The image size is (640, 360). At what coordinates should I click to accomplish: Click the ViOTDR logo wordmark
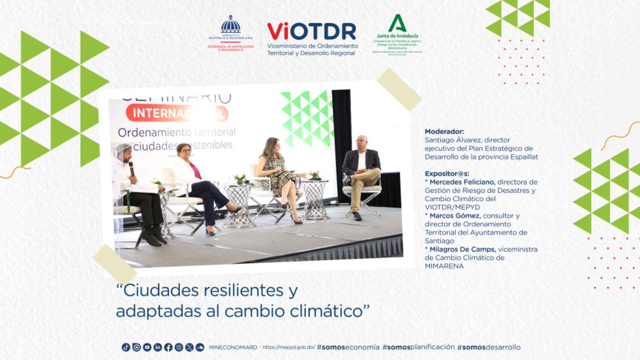point(311,31)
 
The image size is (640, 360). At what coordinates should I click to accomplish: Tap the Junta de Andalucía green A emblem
point(397,23)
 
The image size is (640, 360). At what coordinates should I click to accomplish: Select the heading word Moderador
point(444,131)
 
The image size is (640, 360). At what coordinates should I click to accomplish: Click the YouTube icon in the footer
point(147,347)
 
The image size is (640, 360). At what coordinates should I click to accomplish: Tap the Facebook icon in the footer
point(168,347)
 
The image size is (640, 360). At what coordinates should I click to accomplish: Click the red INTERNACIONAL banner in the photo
point(177,113)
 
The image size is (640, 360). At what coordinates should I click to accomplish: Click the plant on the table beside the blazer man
point(315,175)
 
